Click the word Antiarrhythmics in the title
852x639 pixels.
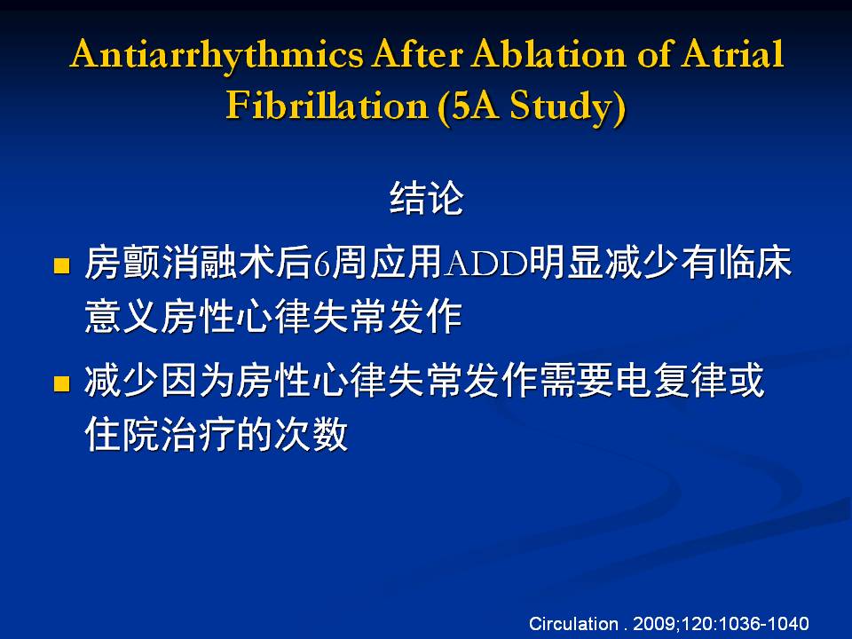coord(217,55)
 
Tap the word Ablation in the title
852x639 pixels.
coord(548,54)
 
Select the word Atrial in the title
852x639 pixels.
coord(732,54)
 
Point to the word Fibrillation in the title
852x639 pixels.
coord(327,105)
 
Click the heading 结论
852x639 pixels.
coord(427,198)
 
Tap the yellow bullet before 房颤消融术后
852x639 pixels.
coord(62,265)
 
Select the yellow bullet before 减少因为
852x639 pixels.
coord(62,383)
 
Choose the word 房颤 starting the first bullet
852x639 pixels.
coord(122,263)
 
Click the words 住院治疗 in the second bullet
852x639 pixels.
coord(160,434)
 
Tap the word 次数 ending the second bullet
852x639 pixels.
coord(311,434)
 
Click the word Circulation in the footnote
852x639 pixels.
coord(573,623)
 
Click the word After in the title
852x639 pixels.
coord(417,54)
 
